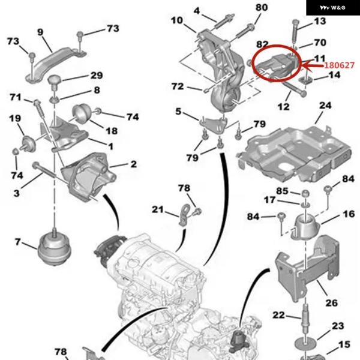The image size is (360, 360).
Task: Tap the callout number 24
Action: point(325,106)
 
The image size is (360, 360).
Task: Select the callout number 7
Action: point(17,242)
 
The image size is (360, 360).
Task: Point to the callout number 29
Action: point(97,76)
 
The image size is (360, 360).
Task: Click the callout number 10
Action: point(176,21)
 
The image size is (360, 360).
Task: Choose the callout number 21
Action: point(157,209)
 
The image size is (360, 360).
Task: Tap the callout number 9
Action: point(41,32)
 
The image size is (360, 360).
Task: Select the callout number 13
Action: point(320,22)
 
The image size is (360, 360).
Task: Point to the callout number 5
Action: point(178,111)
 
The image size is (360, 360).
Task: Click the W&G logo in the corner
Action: point(333,8)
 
